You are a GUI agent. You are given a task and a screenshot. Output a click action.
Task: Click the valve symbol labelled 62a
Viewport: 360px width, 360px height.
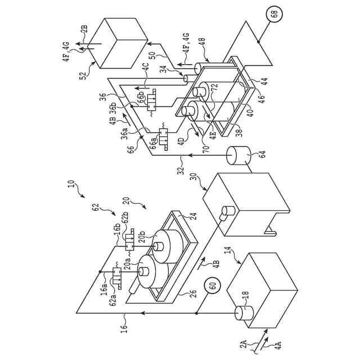[x=119, y=277]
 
